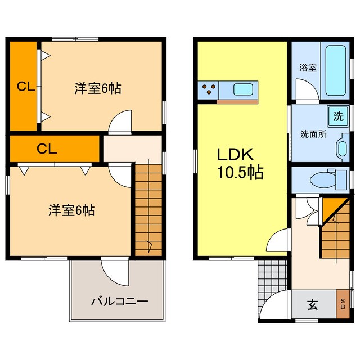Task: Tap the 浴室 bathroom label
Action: [x=308, y=68]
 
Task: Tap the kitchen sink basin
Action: [x=244, y=89]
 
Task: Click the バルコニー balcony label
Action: [x=119, y=301]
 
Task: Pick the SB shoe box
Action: [x=343, y=304]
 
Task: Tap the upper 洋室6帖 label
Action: [x=98, y=88]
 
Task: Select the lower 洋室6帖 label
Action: [x=71, y=210]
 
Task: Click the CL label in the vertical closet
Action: [x=24, y=87]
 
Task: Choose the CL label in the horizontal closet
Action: [x=47, y=149]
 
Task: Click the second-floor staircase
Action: [x=148, y=208]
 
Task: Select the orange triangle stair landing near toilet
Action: [x=332, y=208]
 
